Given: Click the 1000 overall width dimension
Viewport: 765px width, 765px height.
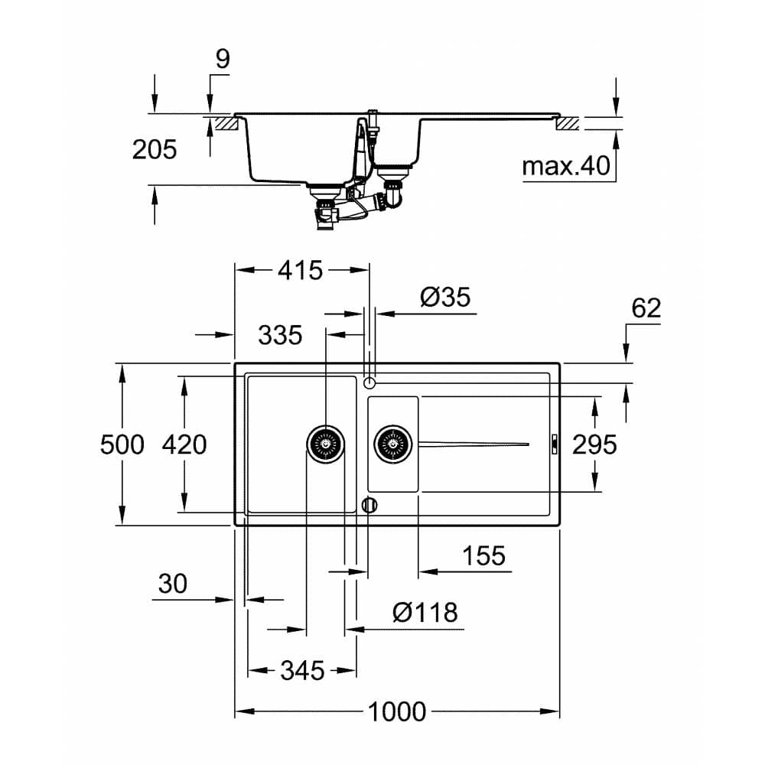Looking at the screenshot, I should (x=397, y=712).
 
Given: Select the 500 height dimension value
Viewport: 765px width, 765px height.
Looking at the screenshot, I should (x=122, y=444).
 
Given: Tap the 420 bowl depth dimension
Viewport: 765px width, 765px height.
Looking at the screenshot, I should (x=184, y=444).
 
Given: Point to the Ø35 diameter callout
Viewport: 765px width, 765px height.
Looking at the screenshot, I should (x=445, y=297).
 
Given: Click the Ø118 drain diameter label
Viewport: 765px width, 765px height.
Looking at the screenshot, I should (x=425, y=612).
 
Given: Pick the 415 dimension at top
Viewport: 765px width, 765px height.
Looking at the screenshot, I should (x=301, y=270).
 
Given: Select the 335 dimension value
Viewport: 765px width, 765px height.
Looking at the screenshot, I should (x=280, y=335).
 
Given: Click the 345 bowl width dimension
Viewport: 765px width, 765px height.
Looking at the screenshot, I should (x=302, y=671).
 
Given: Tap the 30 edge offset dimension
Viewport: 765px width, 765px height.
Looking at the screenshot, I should (x=173, y=584).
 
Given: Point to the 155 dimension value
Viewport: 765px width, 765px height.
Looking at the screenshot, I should (x=483, y=556).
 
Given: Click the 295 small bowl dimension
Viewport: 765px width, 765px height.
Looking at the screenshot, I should (x=594, y=444).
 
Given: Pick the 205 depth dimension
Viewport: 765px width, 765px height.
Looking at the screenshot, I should (x=155, y=150).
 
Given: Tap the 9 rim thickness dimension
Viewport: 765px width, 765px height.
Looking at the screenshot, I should (x=222, y=60).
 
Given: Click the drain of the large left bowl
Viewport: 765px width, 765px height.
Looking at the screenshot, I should (x=326, y=443).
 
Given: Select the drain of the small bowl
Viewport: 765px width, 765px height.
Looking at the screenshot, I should (x=393, y=443).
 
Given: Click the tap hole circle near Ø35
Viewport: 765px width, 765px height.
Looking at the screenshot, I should (x=369, y=382).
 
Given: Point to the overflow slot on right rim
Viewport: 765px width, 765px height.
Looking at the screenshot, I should (x=555, y=443).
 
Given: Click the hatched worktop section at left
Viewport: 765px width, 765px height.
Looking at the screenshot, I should (x=225, y=122).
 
